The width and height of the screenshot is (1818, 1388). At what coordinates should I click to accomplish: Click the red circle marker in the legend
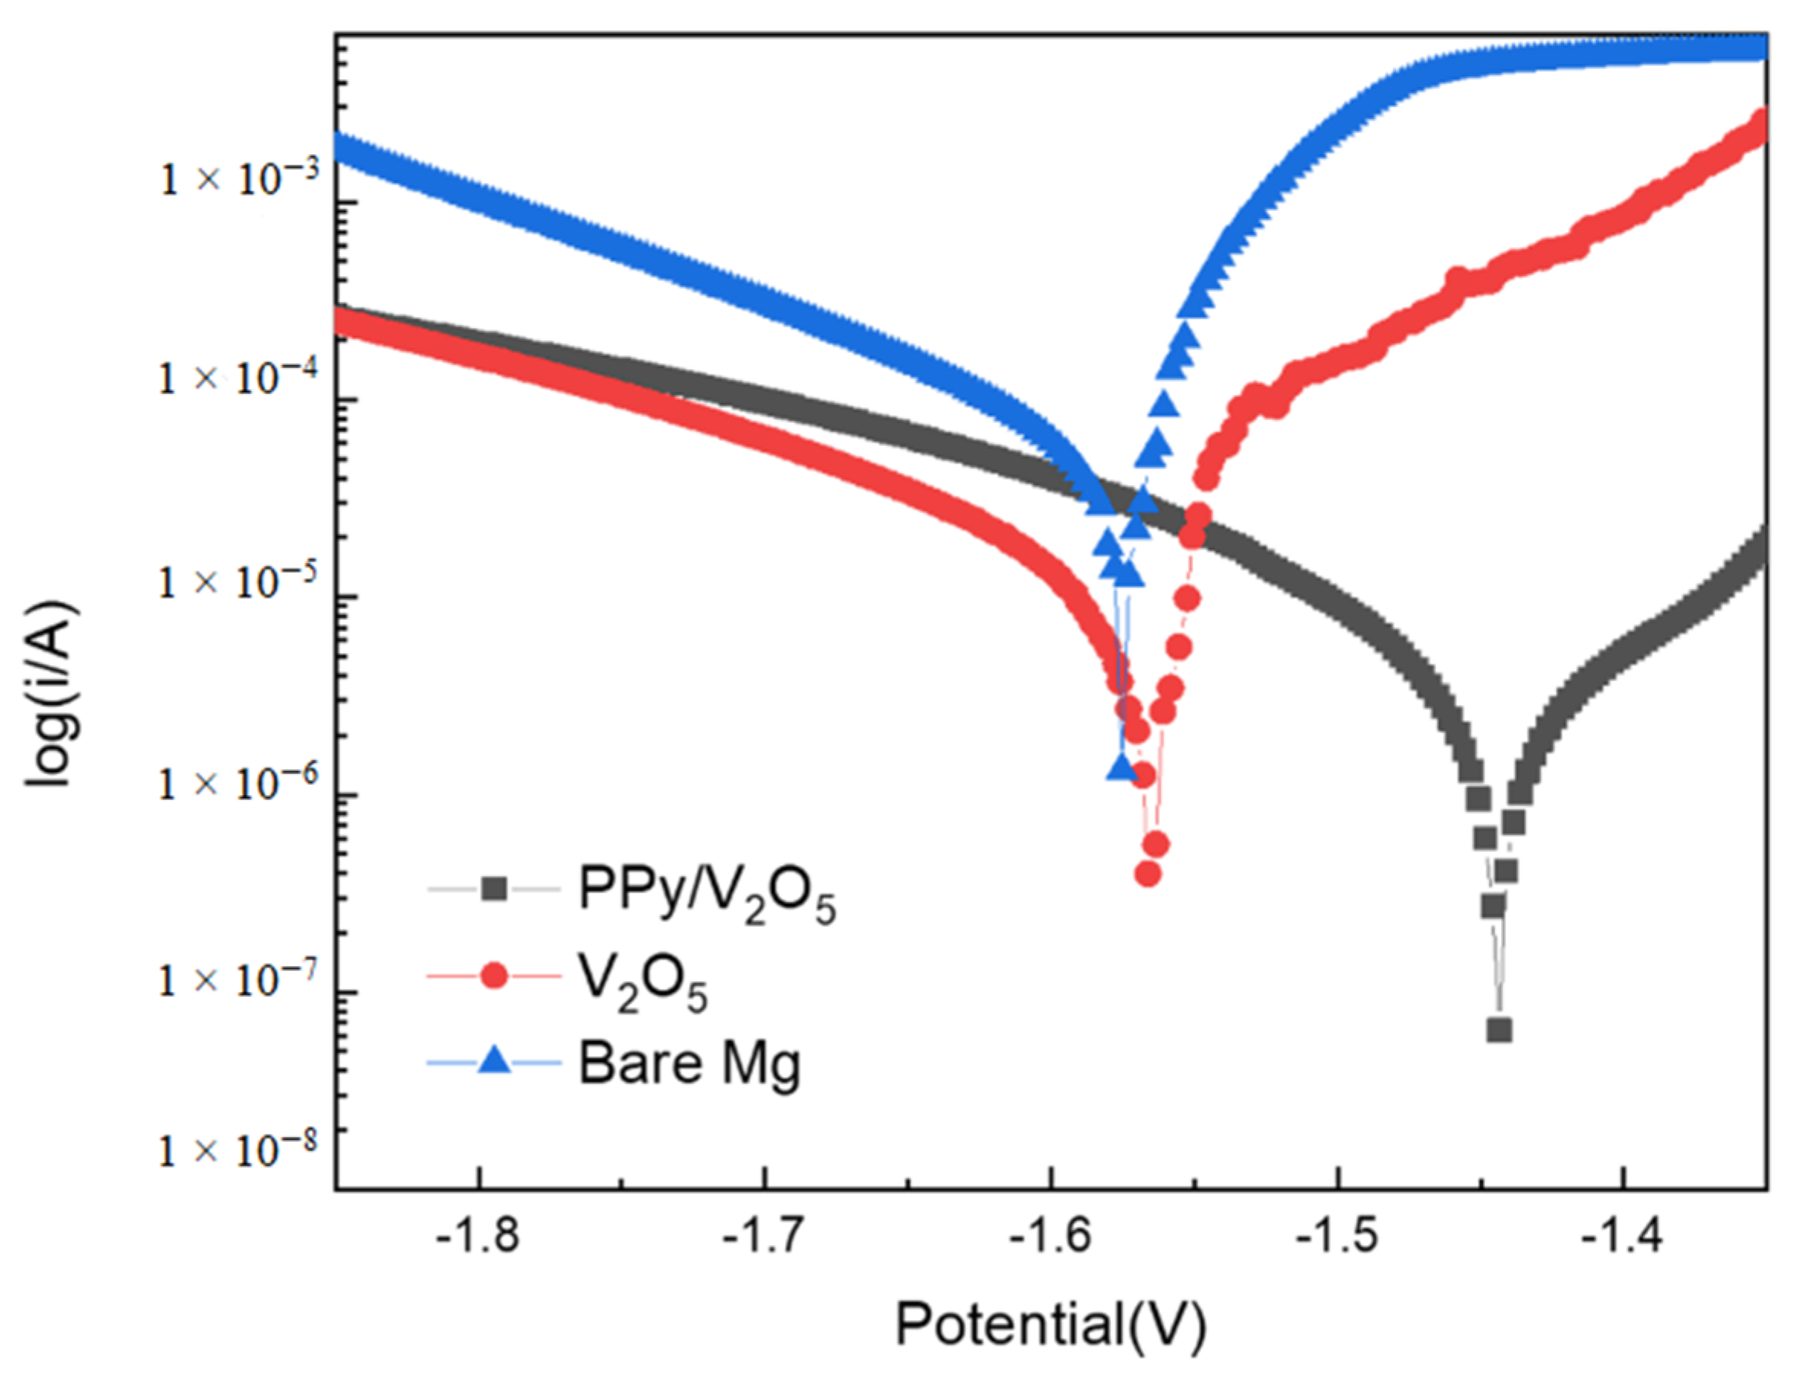494,977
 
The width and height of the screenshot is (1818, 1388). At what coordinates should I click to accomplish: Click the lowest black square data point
1499,1030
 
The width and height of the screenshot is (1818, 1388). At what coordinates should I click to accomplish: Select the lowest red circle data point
1148,874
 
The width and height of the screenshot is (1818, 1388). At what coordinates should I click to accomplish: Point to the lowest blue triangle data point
1121,768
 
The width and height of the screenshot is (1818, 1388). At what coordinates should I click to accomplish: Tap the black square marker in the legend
494,890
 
